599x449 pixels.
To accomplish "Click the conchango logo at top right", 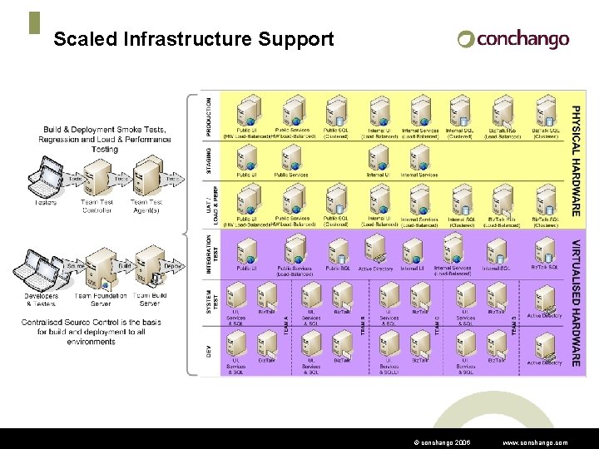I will pos(513,38).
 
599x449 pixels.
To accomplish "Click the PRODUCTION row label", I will pos(209,117).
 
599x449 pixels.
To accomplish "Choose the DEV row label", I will pos(209,351).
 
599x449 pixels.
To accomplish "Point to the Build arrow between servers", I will pos(123,265).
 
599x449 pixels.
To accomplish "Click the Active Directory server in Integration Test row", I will pos(376,249).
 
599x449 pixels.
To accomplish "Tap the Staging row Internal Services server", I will pos(419,157).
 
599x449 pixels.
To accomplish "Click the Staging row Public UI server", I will pos(247,157).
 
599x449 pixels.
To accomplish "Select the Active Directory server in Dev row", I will pos(545,344).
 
